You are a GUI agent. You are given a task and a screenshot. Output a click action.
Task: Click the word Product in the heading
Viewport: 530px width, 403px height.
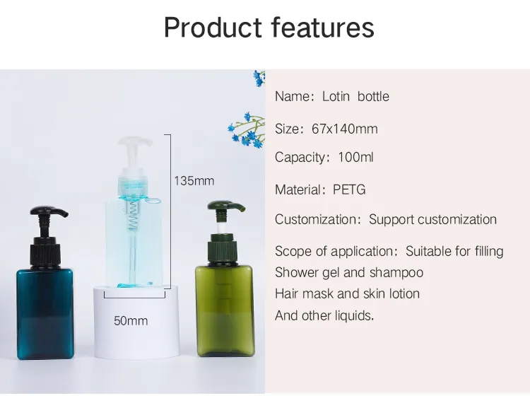point(213,28)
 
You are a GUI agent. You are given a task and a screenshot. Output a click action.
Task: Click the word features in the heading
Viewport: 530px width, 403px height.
point(322,28)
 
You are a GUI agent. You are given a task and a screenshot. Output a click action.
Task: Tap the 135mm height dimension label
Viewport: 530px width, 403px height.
point(194,181)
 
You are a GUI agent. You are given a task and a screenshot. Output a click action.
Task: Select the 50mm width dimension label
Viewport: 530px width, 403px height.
point(131,320)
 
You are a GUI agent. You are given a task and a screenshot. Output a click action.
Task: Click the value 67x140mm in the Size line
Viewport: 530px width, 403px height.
point(345,129)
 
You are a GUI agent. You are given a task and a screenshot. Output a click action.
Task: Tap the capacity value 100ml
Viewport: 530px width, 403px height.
point(355,157)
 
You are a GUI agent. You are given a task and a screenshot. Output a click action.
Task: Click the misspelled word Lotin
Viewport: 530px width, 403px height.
point(336,96)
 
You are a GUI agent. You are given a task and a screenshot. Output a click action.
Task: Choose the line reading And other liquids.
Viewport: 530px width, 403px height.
point(324,315)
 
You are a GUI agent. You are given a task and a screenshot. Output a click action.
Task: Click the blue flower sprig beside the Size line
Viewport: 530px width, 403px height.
point(247,131)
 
